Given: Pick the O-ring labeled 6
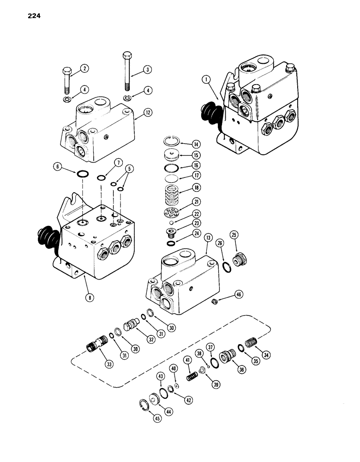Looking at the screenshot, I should point(83,174).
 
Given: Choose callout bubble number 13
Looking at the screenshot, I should point(209,237).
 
